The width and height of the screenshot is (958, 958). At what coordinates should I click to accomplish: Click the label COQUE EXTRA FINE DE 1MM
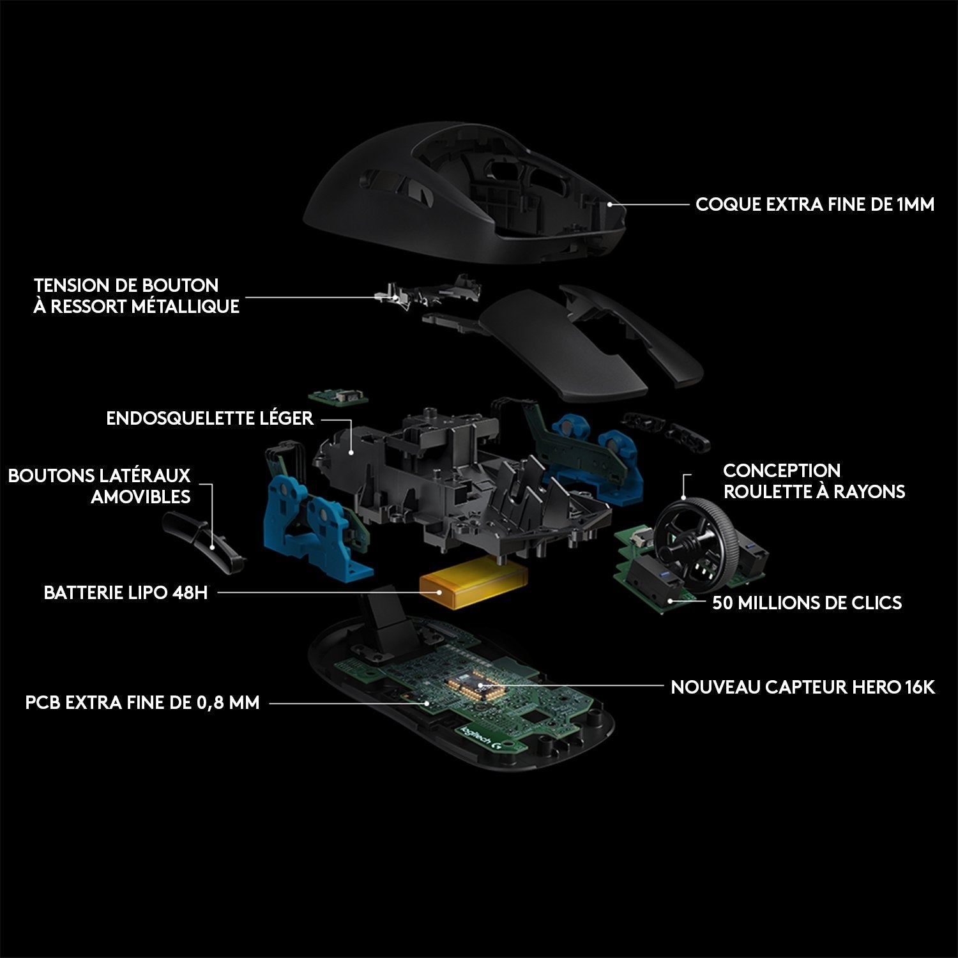click(814, 204)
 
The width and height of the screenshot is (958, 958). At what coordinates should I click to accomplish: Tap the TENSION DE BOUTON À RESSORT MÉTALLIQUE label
click(136, 296)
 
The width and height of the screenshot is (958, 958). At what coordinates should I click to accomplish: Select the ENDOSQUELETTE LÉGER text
click(209, 418)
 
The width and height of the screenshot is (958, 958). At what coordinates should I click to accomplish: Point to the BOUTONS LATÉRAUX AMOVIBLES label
click(99, 486)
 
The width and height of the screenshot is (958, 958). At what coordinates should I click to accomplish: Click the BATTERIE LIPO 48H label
click(125, 593)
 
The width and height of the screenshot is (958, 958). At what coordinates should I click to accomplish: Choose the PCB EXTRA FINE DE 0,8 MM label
click(142, 703)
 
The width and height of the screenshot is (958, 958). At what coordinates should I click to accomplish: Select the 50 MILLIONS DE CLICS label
click(807, 602)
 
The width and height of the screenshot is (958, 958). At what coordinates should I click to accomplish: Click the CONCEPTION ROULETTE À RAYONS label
click(814, 481)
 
